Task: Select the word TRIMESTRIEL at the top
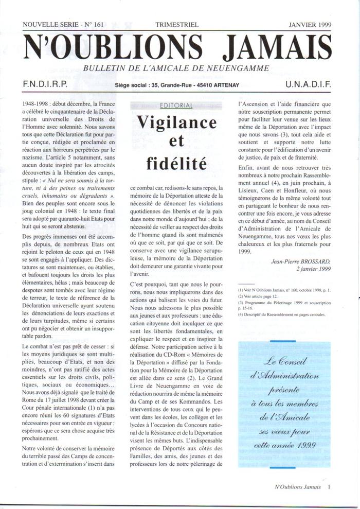click(176, 24)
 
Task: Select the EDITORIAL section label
click(176, 106)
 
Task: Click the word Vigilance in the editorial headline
click(176, 123)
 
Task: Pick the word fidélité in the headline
click(176, 165)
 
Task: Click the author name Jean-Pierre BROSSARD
click(302, 261)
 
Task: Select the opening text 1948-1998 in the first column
click(37, 104)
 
